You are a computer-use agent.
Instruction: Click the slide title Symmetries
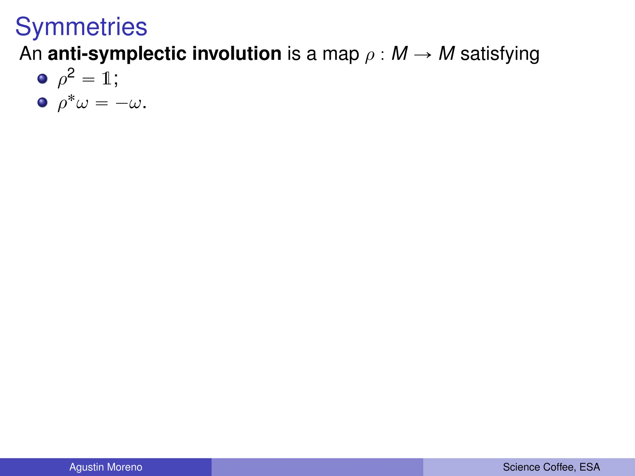point(81,27)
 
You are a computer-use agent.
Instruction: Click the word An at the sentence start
point(30,54)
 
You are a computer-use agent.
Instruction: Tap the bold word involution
point(237,54)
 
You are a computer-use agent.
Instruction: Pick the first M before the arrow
point(399,54)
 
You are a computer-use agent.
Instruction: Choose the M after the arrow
point(447,54)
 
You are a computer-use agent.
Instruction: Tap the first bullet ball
point(42,79)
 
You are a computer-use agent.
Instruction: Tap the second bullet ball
point(42,102)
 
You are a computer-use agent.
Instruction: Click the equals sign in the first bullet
point(88,80)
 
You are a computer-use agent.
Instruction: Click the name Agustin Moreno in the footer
point(106,467)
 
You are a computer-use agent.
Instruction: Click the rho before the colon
point(370,56)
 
